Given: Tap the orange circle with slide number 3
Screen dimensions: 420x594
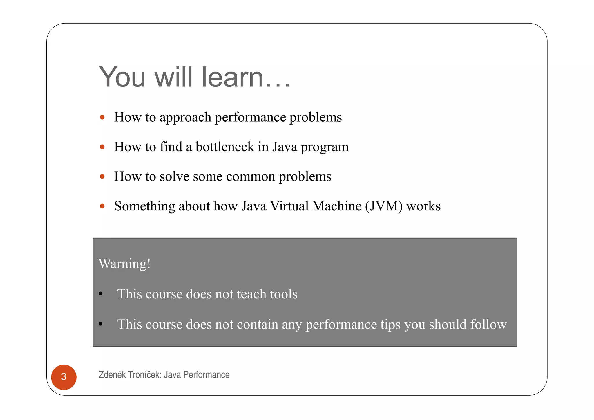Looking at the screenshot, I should [x=64, y=377].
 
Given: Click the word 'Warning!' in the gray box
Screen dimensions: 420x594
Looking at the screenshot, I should [x=125, y=264].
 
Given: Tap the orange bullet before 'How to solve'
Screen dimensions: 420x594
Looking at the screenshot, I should [x=102, y=176].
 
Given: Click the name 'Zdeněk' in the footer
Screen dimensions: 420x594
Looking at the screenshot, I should [x=112, y=375].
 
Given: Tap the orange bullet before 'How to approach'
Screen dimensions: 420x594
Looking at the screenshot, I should [x=102, y=117].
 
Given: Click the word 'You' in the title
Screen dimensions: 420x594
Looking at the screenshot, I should [x=122, y=77].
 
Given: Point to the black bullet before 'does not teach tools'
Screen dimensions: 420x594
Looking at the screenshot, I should [x=101, y=294].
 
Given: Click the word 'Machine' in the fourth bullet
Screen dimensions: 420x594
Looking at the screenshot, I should [x=337, y=206].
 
